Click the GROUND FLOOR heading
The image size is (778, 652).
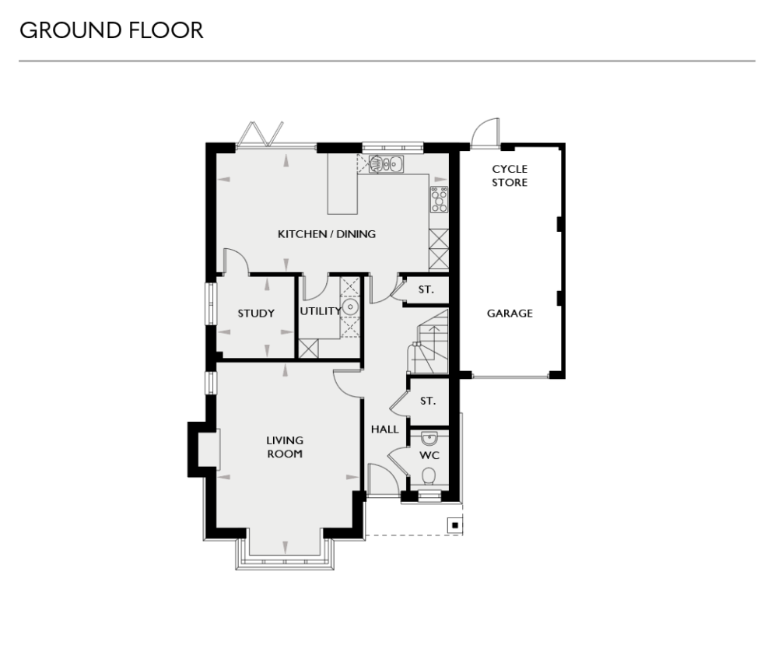111,31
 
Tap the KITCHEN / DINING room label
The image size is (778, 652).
328,233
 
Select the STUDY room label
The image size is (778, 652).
256,314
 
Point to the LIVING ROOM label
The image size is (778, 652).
285,447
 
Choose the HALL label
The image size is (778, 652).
384,429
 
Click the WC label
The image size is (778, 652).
430,454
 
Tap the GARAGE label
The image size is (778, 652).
510,314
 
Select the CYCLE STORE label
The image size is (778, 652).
510,176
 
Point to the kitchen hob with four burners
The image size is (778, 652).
439,200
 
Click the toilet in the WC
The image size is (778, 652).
429,475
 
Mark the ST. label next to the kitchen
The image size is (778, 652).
426,289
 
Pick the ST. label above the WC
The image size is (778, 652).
427,401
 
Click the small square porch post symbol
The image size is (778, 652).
453,524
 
